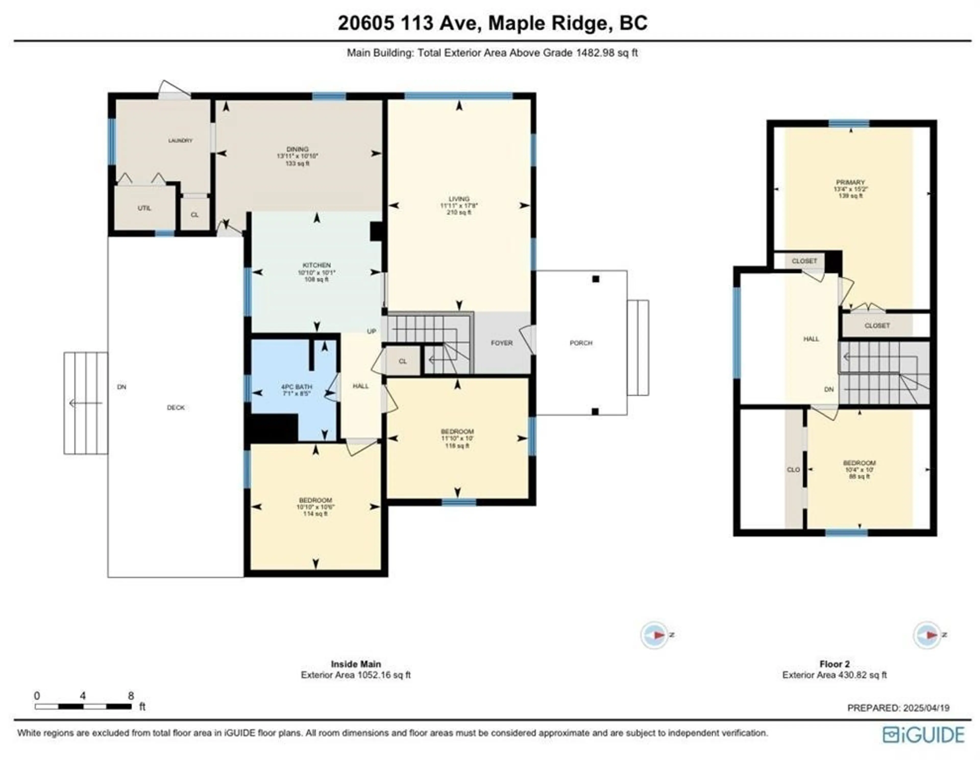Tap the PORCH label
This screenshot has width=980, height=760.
581,343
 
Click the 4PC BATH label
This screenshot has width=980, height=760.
297,387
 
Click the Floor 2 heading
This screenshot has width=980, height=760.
835,664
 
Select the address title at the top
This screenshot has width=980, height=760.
492,23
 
